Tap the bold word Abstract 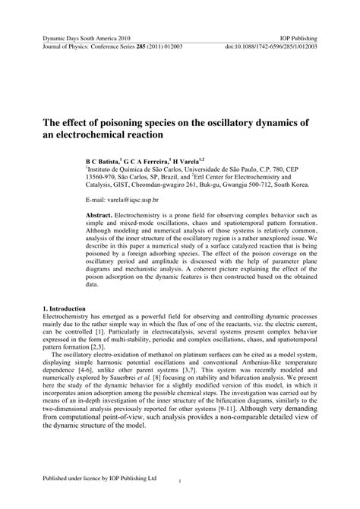(99, 216)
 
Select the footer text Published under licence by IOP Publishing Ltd (99, 479)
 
